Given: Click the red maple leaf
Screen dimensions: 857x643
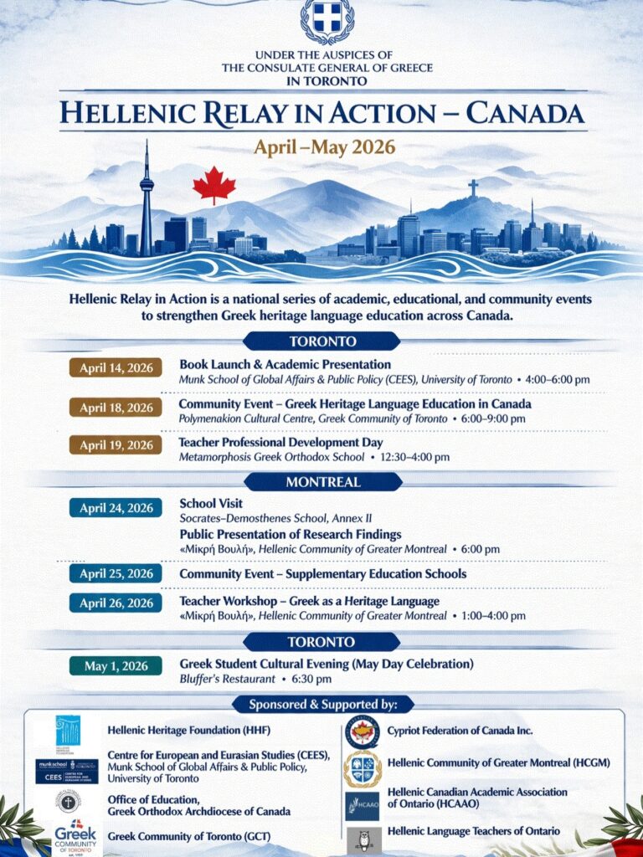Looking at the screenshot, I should click(213, 185).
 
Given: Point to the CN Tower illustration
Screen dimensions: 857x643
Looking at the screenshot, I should click(147, 201).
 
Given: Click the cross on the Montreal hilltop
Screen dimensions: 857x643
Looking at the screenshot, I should click(473, 188).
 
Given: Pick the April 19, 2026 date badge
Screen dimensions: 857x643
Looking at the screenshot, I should click(116, 445).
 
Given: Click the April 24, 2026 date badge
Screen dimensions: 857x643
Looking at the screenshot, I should click(116, 508).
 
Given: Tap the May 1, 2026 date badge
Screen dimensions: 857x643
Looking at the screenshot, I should click(116, 666).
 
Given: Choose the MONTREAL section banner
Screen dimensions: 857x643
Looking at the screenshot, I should click(322, 482).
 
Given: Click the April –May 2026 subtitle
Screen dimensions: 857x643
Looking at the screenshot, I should click(325, 148).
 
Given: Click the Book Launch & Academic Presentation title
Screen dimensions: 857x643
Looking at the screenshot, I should click(285, 365).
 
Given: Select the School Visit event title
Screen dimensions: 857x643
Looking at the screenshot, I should click(211, 504).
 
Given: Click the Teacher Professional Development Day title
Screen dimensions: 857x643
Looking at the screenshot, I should click(280, 442).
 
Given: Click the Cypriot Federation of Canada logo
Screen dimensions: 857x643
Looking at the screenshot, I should click(362, 731).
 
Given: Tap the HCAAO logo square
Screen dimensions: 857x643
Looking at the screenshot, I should click(362, 806).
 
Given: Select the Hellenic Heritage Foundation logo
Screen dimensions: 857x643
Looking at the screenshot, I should click(68, 731).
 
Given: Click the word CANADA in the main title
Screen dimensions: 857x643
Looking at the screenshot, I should click(523, 113).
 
